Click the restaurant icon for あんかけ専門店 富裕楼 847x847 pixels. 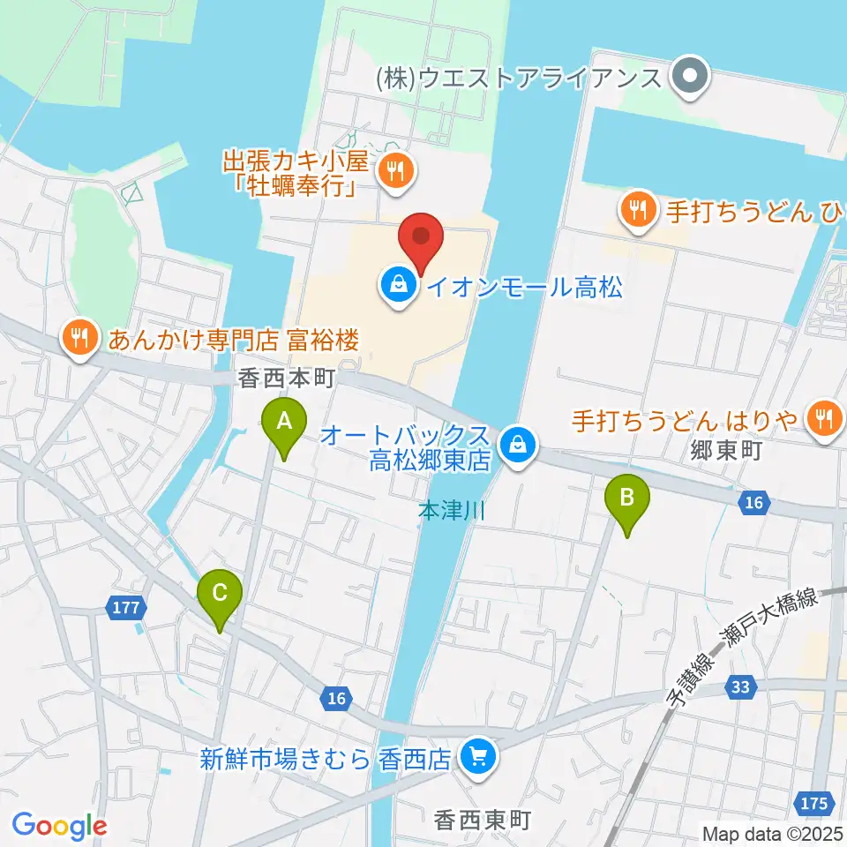[x=80, y=338]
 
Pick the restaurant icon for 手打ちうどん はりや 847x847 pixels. [x=824, y=417]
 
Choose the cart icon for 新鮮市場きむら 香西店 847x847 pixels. [x=479, y=758]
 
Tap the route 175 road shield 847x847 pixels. [x=814, y=802]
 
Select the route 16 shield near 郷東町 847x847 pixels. [x=753, y=502]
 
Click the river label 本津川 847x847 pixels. [x=451, y=511]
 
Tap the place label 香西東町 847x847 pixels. [x=482, y=821]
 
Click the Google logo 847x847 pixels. [x=59, y=825]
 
